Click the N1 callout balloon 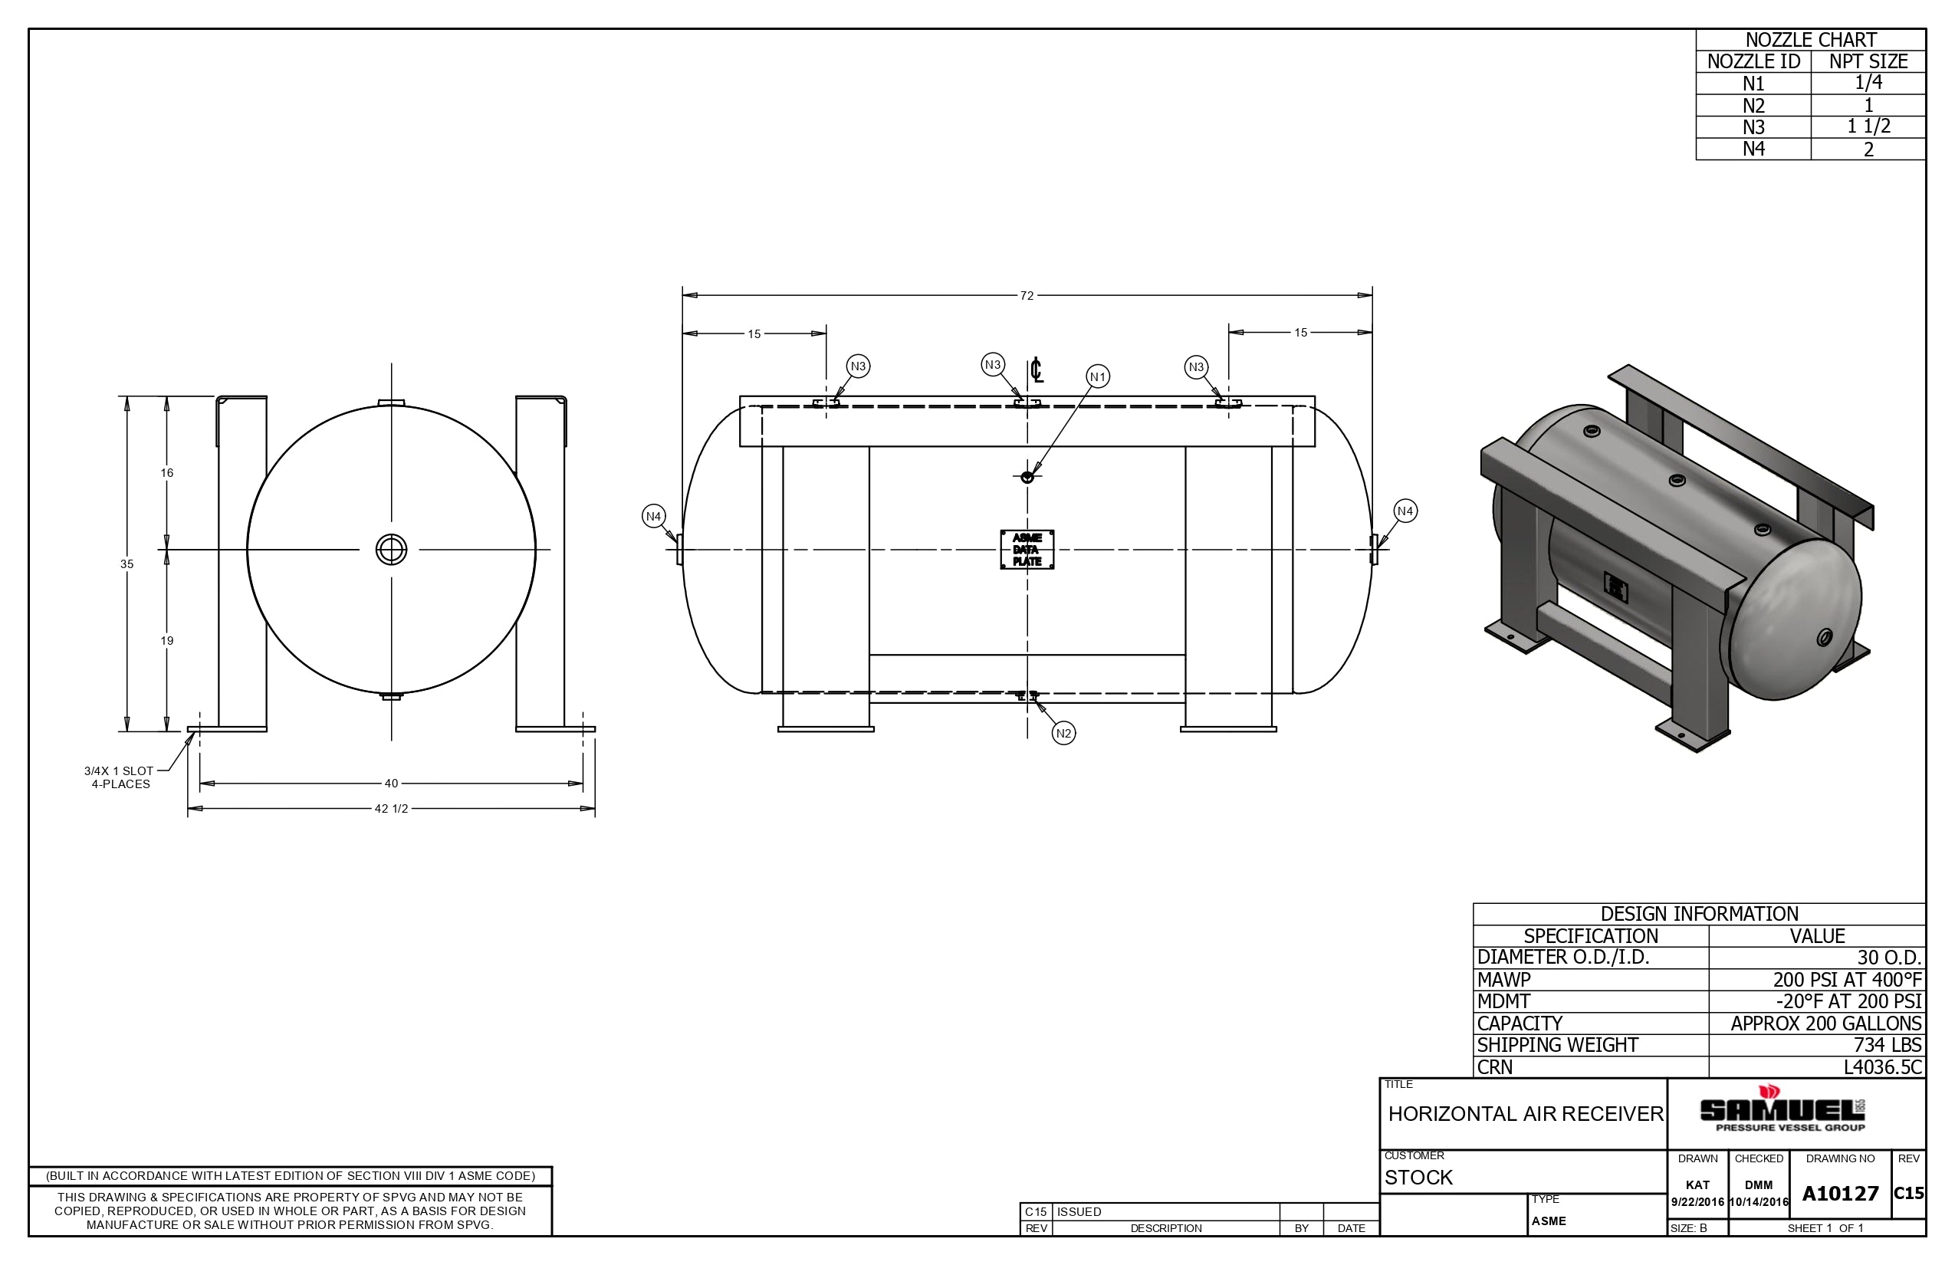coord(1098,376)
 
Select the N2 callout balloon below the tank coord(1064,733)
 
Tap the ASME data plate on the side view coord(1027,550)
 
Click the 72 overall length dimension coord(1027,296)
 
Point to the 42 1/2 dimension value coord(391,809)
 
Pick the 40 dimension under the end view coord(391,784)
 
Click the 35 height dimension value coord(127,564)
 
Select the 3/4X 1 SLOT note coord(119,770)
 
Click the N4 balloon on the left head coord(654,517)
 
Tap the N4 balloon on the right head coord(1405,511)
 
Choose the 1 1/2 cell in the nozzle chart coord(1869,127)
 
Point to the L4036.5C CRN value coord(1883,1067)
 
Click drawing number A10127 coord(1840,1194)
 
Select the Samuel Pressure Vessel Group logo coord(1783,1110)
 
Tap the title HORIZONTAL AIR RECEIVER coord(1526,1114)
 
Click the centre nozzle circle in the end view coord(391,550)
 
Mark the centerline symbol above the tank coord(1037,370)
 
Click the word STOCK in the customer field coord(1418,1177)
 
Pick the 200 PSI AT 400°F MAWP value coord(1848,979)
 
